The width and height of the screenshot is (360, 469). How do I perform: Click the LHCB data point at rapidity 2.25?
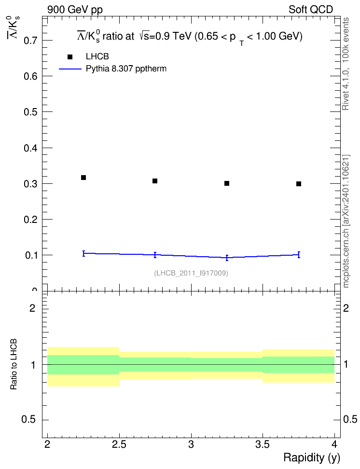coord(83,178)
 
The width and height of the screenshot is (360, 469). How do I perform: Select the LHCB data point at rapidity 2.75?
coord(155,181)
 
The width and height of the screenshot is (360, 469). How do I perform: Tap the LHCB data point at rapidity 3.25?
coord(227,183)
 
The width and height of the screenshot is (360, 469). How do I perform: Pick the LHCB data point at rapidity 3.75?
coord(299,184)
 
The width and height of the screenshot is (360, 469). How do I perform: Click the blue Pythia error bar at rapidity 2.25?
coord(84,254)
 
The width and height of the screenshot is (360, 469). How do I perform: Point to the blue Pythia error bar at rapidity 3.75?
coord(299,255)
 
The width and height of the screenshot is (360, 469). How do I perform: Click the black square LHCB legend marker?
coord(70,57)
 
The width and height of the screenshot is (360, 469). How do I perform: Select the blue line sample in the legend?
coord(70,69)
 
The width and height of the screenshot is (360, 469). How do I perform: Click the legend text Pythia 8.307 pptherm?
coord(126,69)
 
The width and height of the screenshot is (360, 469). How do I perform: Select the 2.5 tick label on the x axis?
coord(119,444)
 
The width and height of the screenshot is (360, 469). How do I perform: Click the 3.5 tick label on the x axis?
coord(263,444)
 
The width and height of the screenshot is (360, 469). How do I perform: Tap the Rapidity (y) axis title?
coord(312,457)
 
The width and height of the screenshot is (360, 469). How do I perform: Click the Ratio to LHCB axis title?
coord(14,364)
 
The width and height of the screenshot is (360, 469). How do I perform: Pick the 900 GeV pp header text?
coord(75,10)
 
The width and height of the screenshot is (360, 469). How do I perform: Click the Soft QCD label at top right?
coord(311,10)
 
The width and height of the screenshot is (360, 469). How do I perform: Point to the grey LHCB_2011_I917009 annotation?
coord(191,273)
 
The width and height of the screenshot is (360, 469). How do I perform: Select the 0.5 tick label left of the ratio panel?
coord(29,420)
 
